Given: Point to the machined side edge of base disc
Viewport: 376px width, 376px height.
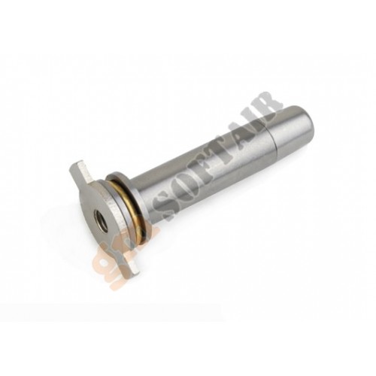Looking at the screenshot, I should [124, 226].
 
